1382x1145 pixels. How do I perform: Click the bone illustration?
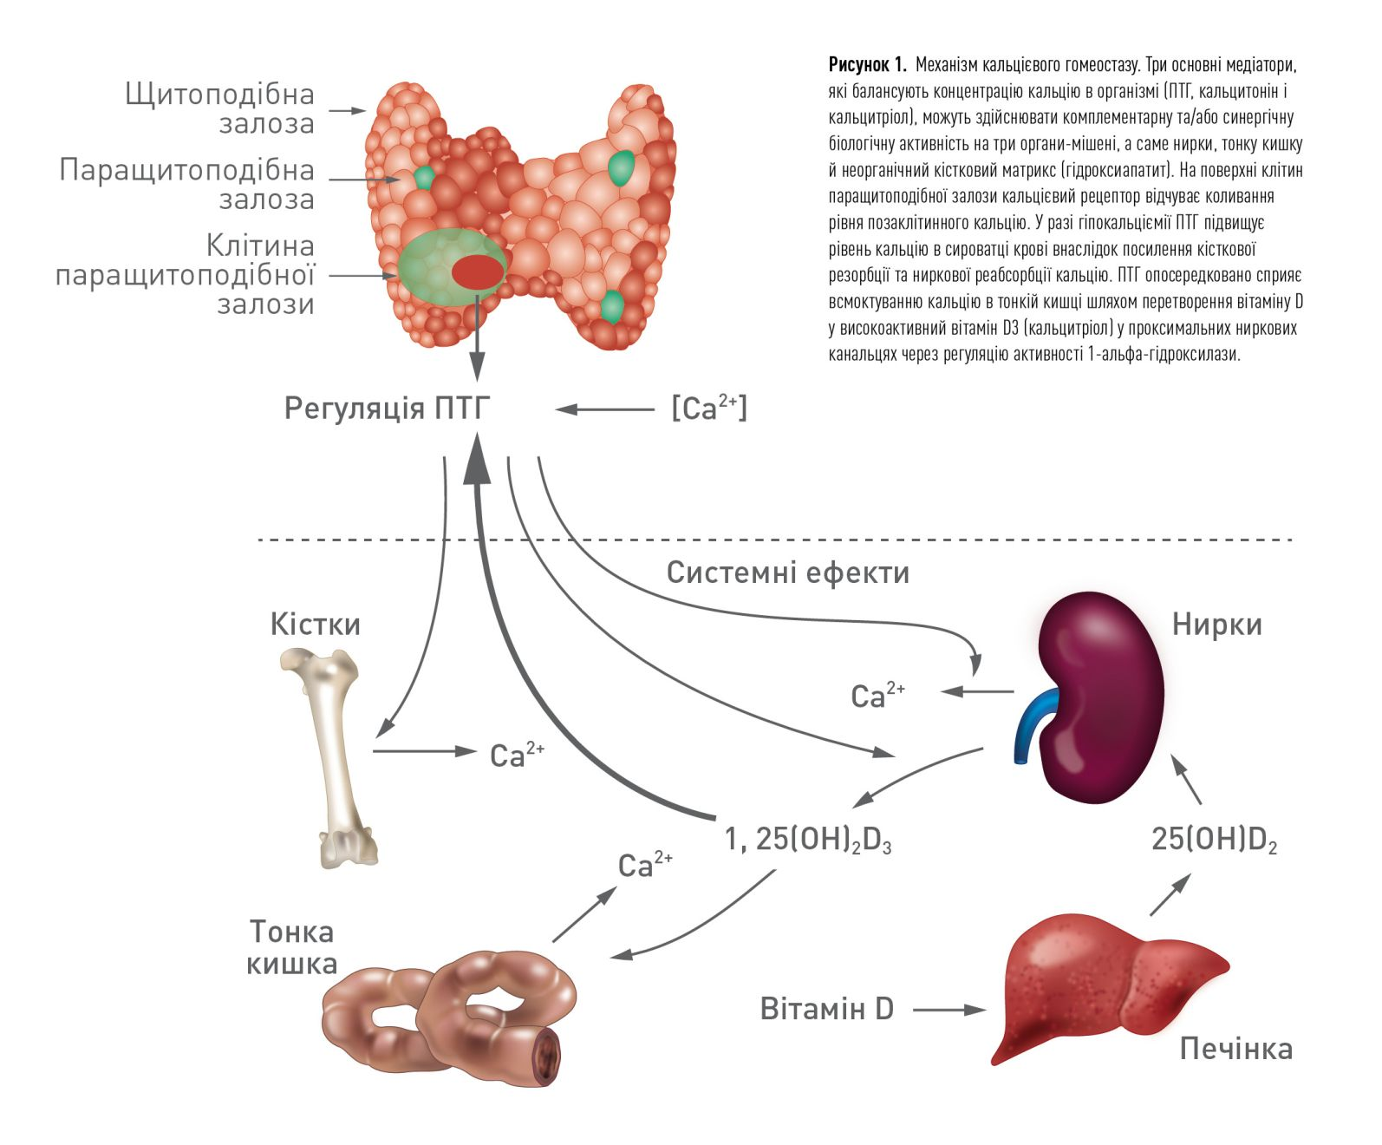(x=334, y=755)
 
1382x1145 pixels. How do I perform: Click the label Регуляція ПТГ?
(x=387, y=409)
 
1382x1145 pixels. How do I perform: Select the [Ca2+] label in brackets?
(x=708, y=408)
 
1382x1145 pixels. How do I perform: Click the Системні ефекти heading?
(x=787, y=572)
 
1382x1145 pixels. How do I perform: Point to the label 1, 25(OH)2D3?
(x=808, y=840)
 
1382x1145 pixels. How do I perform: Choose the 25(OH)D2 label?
(x=1214, y=840)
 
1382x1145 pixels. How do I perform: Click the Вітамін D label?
(x=826, y=1009)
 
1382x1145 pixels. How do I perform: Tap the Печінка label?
(x=1235, y=1049)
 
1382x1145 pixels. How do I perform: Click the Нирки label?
(x=1216, y=625)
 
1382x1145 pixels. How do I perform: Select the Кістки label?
(x=315, y=625)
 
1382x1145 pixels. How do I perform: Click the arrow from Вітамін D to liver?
(x=949, y=1010)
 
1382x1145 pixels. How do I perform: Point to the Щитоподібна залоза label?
(x=220, y=108)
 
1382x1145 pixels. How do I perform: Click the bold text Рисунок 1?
(x=867, y=65)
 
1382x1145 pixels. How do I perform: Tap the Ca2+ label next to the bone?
(x=517, y=755)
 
